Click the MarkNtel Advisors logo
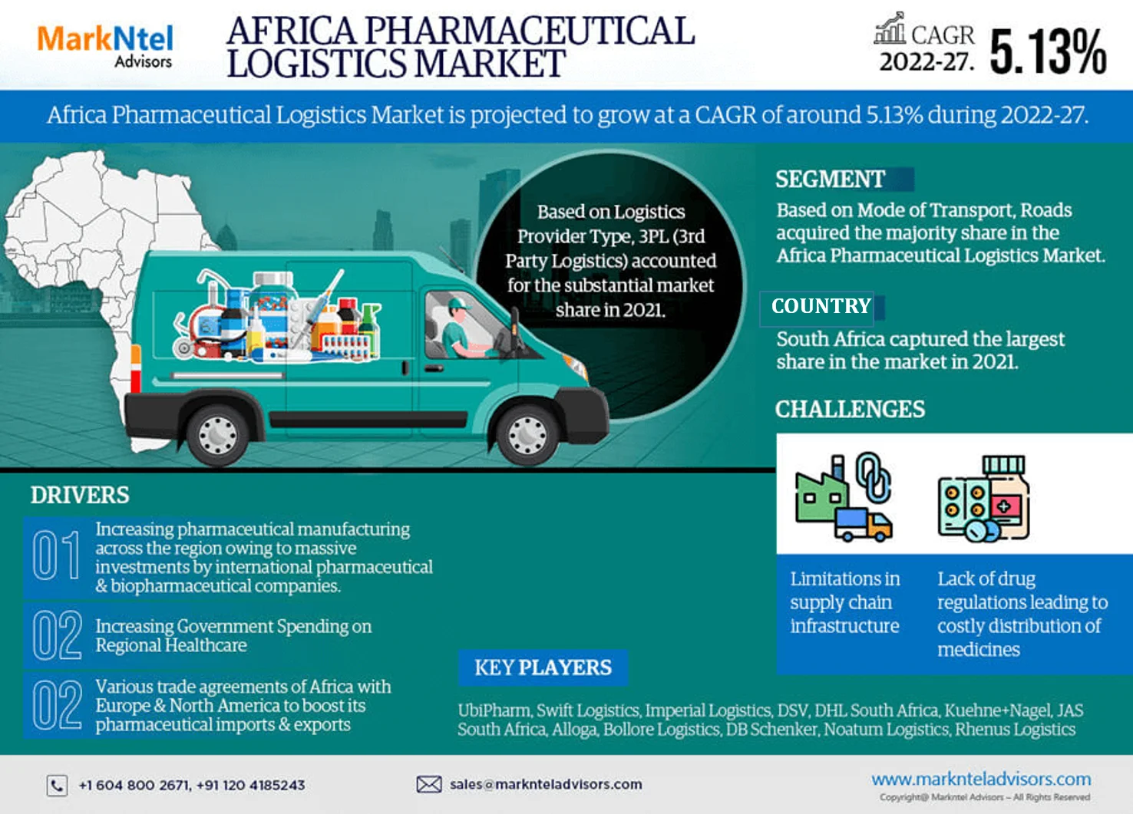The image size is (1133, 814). (105, 46)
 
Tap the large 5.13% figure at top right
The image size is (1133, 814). (1048, 52)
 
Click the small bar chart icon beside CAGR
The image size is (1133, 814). (890, 28)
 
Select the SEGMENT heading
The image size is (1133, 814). (830, 180)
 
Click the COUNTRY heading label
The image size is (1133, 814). (821, 306)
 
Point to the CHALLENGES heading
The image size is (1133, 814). (850, 410)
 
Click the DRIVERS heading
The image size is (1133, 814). (80, 496)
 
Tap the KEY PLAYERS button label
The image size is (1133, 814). (543, 667)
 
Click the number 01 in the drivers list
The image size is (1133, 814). (56, 555)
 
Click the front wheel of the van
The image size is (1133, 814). (527, 433)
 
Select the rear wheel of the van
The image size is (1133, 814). (218, 433)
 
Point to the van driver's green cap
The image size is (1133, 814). (458, 304)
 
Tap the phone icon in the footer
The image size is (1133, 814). (57, 785)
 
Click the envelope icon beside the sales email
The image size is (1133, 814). (429, 784)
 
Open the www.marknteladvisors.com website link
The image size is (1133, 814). (981, 779)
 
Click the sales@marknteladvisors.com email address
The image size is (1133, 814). (546, 784)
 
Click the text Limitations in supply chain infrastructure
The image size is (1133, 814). (844, 602)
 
